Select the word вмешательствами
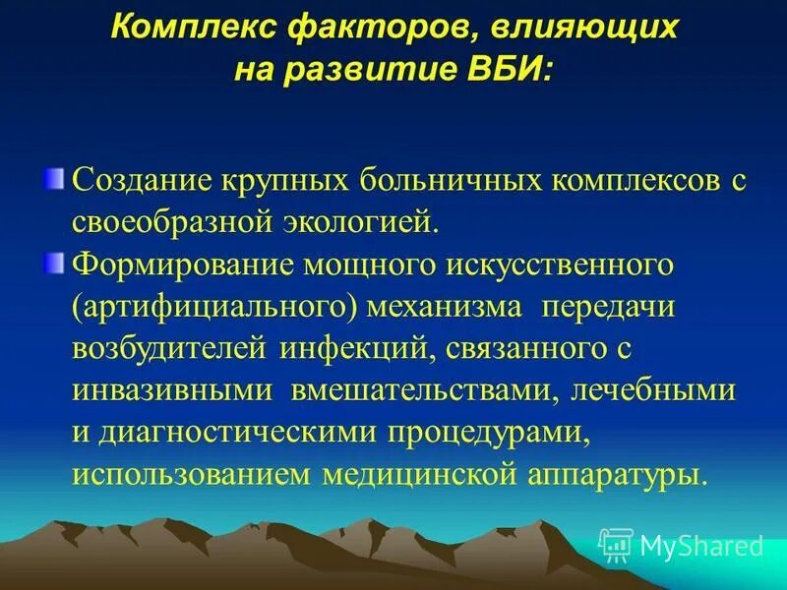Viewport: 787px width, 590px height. pyautogui.click(x=424, y=390)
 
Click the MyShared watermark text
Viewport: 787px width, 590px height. pyautogui.click(x=700, y=544)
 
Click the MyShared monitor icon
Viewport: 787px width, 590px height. pyautogui.click(x=616, y=544)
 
